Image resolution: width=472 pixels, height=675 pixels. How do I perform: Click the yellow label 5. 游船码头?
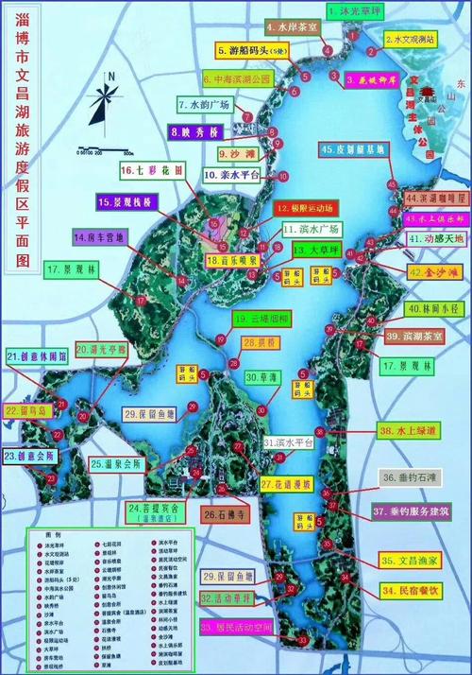click(252, 51)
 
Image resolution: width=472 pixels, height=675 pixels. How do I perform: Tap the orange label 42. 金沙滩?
click(432, 272)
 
